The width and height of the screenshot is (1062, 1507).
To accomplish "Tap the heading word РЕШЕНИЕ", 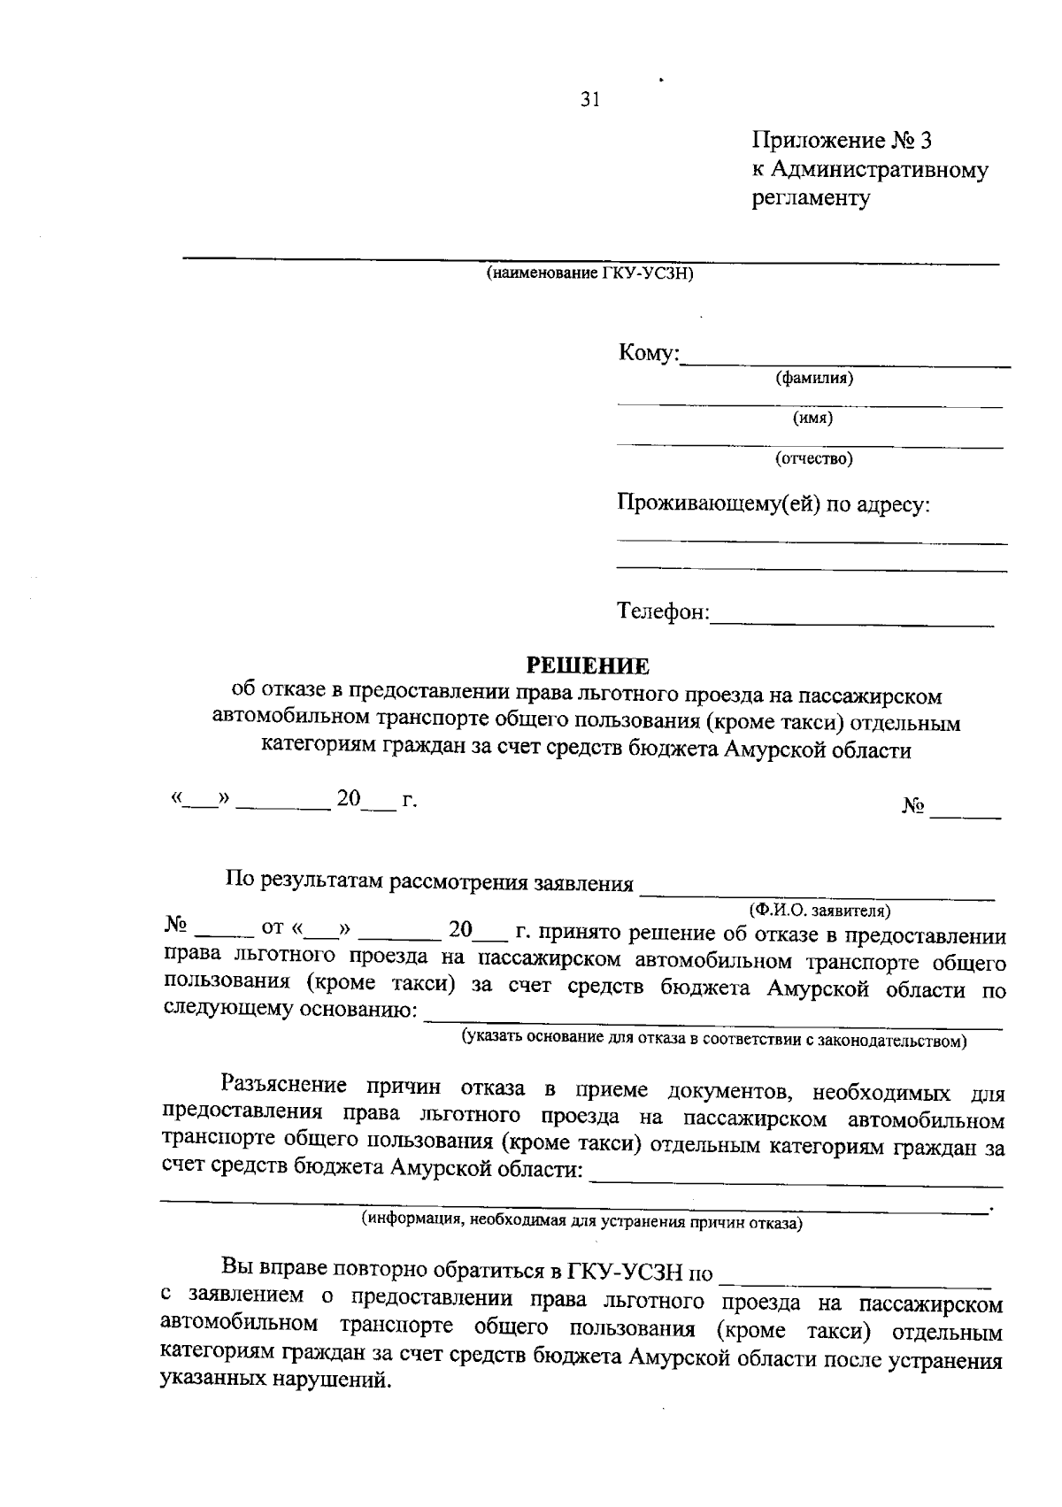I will point(588,665).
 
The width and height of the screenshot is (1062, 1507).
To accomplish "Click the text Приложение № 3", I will point(842,141).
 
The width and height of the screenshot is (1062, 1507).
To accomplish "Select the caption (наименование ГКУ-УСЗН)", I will point(589,273).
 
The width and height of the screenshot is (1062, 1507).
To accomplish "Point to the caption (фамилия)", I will point(813,379).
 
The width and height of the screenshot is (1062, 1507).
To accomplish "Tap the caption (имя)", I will point(812,419).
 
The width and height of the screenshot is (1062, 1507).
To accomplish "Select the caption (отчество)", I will point(813,458).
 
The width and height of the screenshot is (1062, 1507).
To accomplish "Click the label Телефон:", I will point(663,612).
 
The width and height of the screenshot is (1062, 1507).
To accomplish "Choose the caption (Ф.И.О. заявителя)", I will point(819,910).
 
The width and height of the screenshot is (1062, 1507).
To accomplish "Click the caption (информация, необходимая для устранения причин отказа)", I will point(582,1223).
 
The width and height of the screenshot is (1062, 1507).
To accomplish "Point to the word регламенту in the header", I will point(812,198).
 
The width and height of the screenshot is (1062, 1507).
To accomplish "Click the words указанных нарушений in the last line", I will point(275,1380).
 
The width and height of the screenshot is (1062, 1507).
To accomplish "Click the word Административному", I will point(880,170).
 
